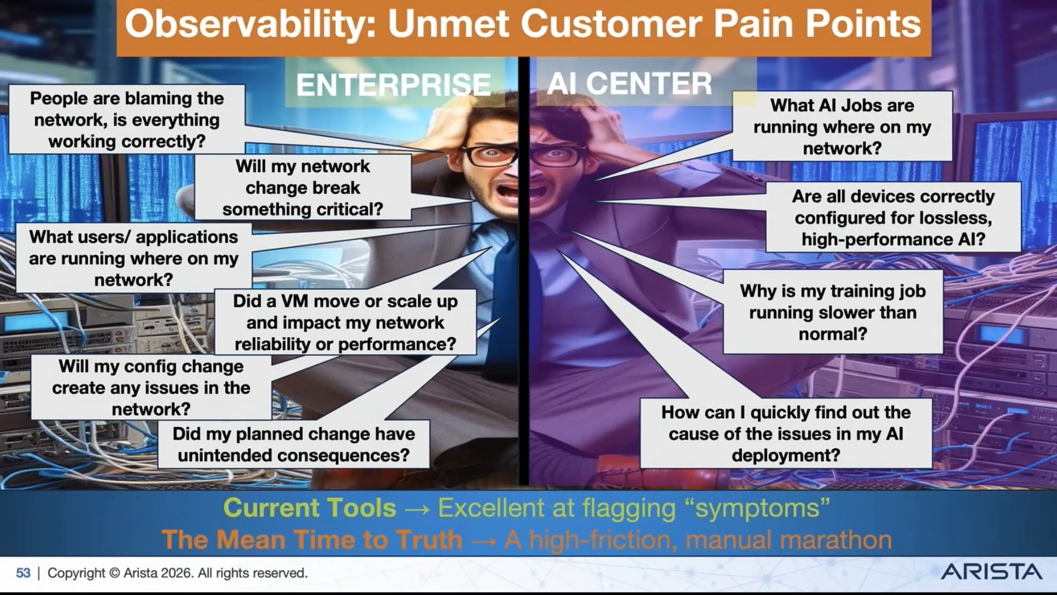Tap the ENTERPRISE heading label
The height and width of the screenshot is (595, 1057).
click(394, 84)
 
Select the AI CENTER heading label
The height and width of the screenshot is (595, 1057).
click(630, 84)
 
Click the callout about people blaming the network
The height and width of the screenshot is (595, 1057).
click(127, 120)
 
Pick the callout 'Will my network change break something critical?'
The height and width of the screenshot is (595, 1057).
click(303, 187)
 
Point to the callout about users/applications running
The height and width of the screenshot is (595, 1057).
click(134, 258)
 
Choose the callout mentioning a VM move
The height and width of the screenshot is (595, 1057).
click(345, 322)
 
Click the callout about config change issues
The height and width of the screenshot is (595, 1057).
click(151, 387)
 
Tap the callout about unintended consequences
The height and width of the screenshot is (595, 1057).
click(293, 445)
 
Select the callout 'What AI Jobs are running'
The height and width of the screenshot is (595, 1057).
click(842, 126)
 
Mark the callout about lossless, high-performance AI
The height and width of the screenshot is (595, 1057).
click(893, 218)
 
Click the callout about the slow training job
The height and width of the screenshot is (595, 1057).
click(833, 312)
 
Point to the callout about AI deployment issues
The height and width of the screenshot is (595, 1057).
click(786, 434)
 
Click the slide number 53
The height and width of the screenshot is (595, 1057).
click(23, 573)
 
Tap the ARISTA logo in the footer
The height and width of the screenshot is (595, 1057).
click(991, 572)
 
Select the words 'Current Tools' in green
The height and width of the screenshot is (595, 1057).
click(309, 508)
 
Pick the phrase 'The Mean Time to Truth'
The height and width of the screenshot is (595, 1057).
click(312, 540)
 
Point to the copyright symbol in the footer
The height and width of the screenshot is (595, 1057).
click(115, 573)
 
